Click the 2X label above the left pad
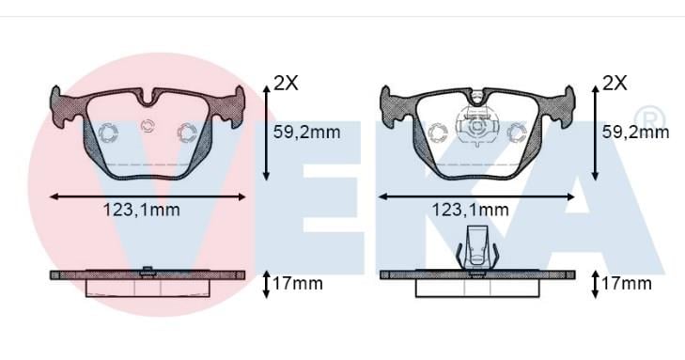(287, 83)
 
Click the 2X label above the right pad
(615, 83)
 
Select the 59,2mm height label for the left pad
(306, 132)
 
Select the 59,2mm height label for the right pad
(635, 132)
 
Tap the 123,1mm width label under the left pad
(142, 210)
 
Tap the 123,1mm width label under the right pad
(471, 210)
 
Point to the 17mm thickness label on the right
(627, 284)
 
